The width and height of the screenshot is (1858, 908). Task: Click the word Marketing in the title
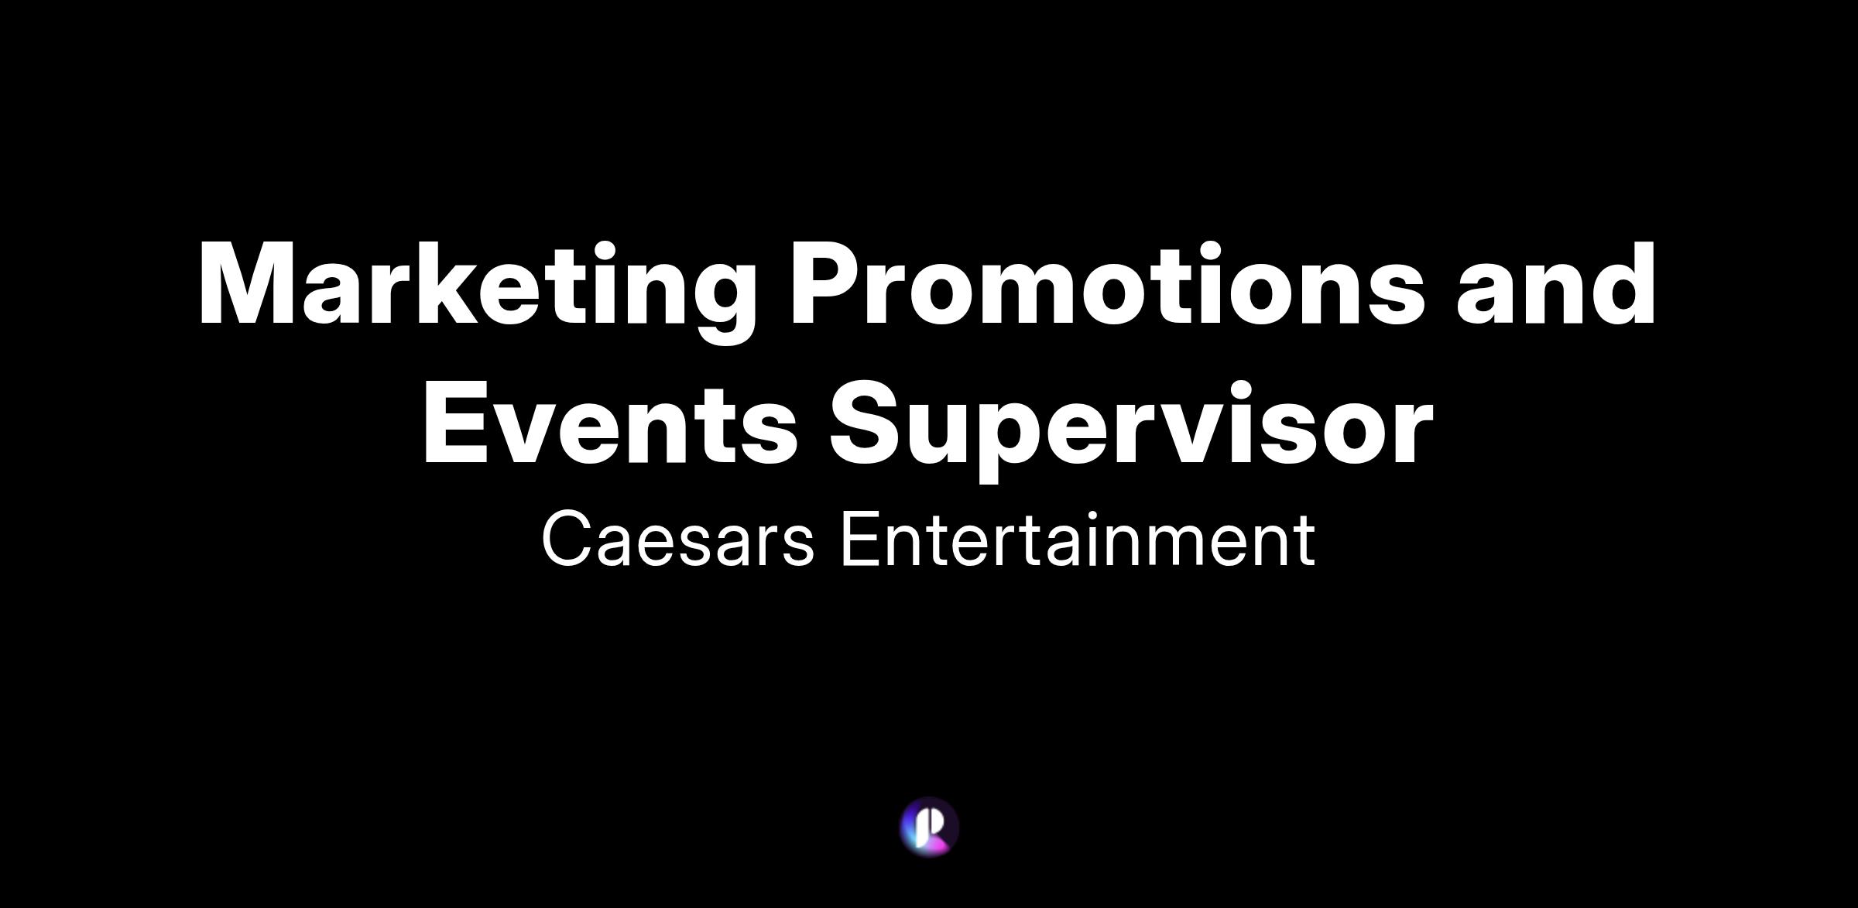477,292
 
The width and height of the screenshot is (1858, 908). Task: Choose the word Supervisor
1131,430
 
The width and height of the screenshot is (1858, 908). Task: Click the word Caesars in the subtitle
678,539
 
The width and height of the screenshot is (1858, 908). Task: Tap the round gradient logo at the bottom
929,827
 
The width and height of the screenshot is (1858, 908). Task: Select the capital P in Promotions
824,283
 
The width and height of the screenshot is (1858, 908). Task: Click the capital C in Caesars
568,539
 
